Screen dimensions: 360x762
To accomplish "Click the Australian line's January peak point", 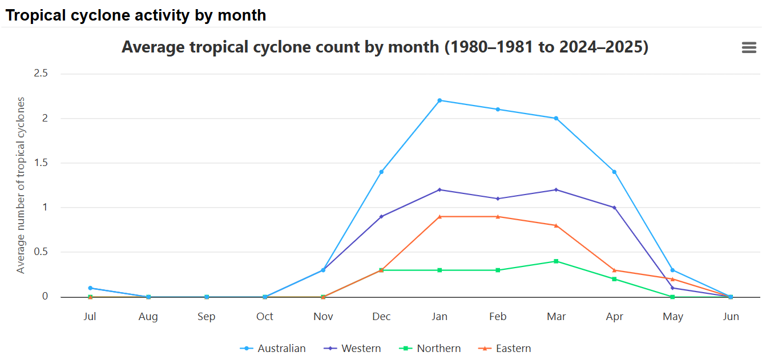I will pyautogui.click(x=440, y=100).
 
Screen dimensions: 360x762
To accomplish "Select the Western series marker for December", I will pyautogui.click(x=381, y=217).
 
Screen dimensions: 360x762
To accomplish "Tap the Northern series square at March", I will pyautogui.click(x=556, y=261).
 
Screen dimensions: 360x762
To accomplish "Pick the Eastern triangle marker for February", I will pyautogui.click(x=498, y=217).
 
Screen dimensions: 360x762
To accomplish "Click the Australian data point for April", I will pyautogui.click(x=614, y=172).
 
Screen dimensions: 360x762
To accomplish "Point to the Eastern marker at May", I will pyautogui.click(x=672, y=279).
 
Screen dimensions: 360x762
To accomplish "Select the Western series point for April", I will pyautogui.click(x=614, y=208).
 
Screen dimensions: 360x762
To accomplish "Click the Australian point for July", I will pyautogui.click(x=90, y=288).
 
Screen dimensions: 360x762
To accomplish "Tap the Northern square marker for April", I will pyautogui.click(x=614, y=279).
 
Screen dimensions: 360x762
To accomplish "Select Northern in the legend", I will pyautogui.click(x=430, y=349).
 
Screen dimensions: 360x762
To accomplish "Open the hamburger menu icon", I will pyautogui.click(x=749, y=48).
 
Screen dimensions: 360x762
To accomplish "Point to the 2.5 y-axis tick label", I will pyautogui.click(x=41, y=74).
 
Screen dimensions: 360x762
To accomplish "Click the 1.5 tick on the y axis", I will pyautogui.click(x=41, y=163).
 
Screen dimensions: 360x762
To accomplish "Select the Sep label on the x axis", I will pyautogui.click(x=207, y=317).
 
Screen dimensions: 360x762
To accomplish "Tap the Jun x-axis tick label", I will pyautogui.click(x=731, y=317).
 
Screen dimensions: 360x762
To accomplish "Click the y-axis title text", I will pyautogui.click(x=21, y=185).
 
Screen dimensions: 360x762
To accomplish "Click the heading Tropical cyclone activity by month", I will pyautogui.click(x=136, y=15).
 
